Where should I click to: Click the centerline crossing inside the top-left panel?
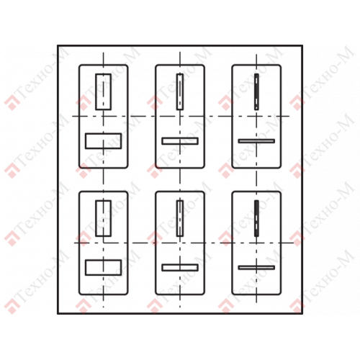pos(104,117)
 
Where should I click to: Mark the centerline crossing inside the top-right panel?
pos(256,117)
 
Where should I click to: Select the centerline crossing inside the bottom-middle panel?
pos(180,243)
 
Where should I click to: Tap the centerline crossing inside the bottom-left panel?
pos(104,243)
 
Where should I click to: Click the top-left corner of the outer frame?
pos(58,45)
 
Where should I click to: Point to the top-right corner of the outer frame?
pos(302,45)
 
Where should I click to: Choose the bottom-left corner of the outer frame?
pos(58,313)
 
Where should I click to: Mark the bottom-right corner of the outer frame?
pos(302,313)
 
